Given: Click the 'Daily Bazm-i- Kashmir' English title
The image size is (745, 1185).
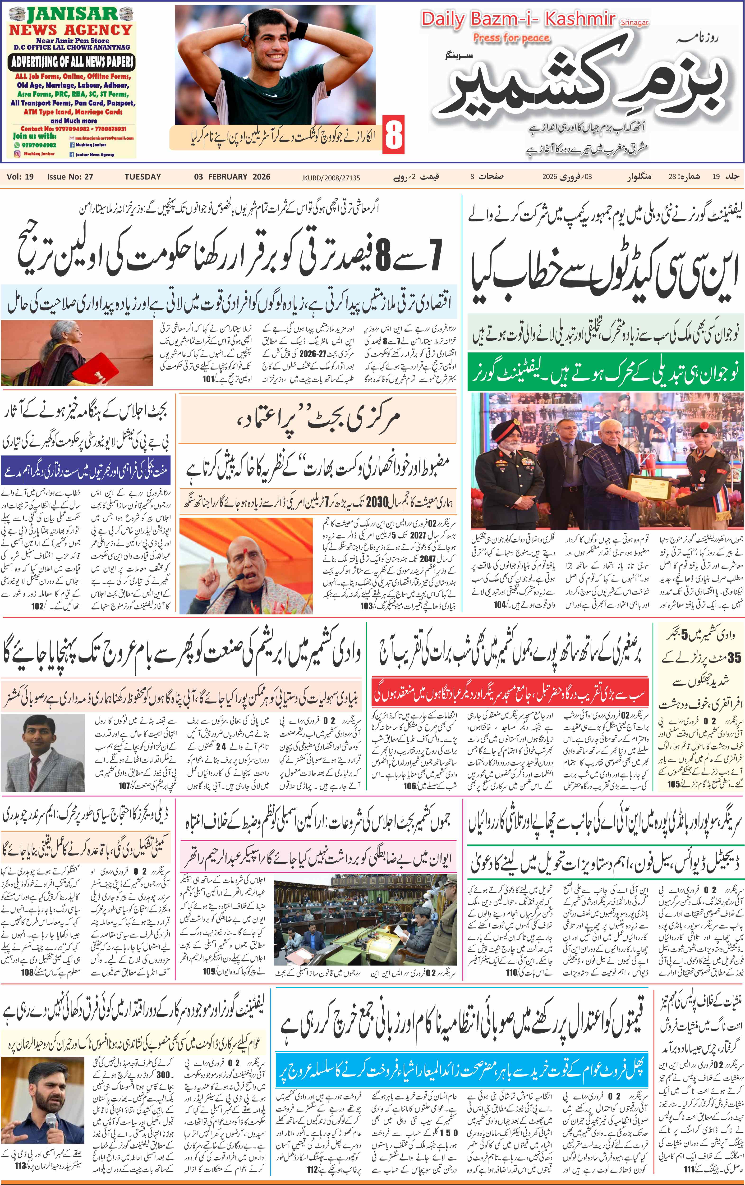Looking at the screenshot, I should tap(518, 20).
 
